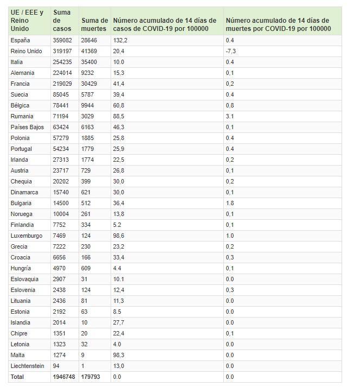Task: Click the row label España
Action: [x=20, y=41]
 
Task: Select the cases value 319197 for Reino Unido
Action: [x=63, y=51]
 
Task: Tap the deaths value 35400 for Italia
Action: [x=90, y=62]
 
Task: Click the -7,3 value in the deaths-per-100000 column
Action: [x=231, y=51]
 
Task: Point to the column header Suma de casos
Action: [x=63, y=21]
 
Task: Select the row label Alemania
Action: [x=22, y=73]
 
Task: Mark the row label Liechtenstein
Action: [x=27, y=366]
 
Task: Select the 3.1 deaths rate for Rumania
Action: [x=229, y=116]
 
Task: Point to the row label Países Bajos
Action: [x=25, y=127]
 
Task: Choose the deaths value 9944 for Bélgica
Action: [x=88, y=105]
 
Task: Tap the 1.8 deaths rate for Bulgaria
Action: [x=229, y=203]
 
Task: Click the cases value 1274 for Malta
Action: [x=60, y=355]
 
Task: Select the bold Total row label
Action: [x=17, y=377]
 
